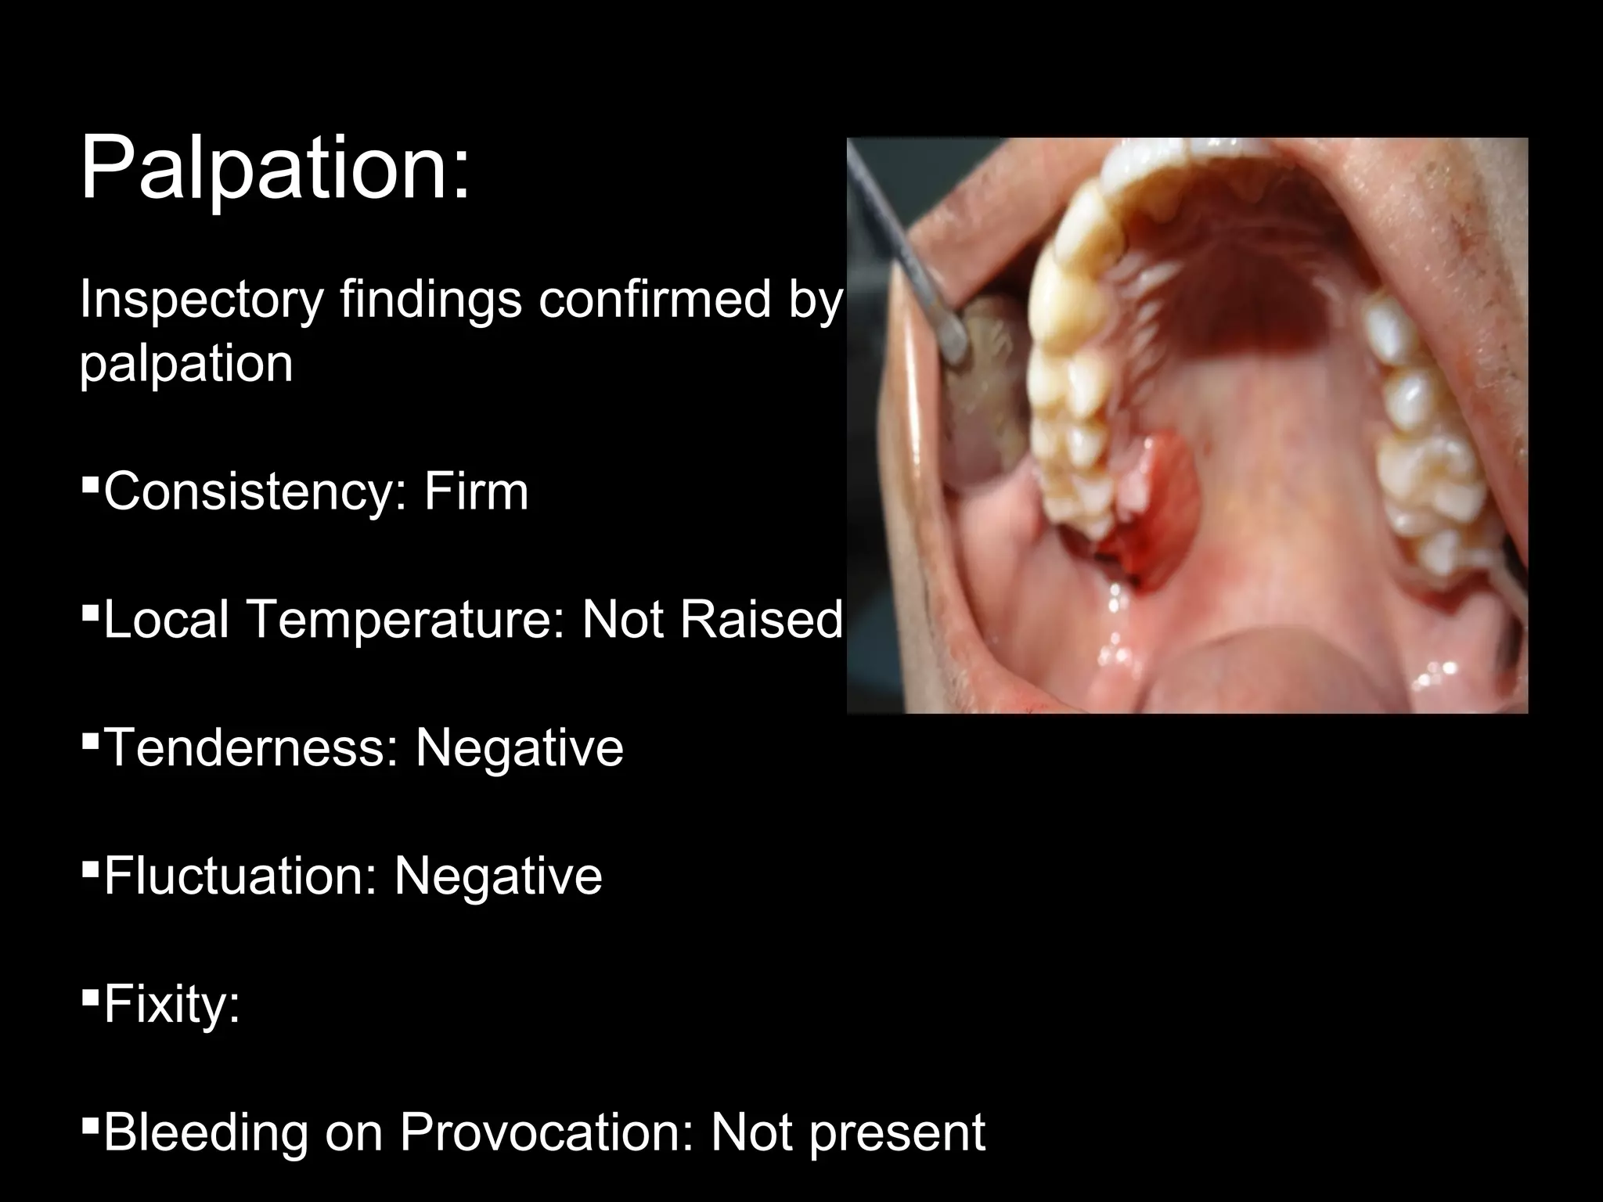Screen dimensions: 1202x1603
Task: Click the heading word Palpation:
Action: pos(276,169)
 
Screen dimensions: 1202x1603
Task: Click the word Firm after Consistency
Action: pos(476,491)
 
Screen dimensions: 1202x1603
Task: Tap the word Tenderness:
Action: pos(250,747)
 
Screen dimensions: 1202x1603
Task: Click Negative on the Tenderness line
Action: pos(519,747)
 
